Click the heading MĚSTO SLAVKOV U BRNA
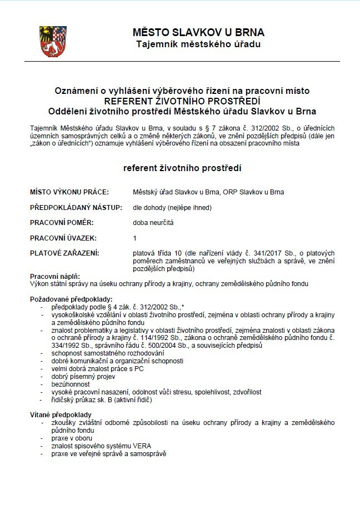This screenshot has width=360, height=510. coord(198,32)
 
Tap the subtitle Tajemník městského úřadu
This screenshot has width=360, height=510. coord(198,43)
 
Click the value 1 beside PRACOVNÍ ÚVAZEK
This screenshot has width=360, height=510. coord(134,238)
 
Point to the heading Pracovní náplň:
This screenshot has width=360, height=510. coord(55,276)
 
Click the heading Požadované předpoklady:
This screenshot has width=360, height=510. coord(71,299)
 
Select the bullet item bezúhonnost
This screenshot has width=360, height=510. coord(69,384)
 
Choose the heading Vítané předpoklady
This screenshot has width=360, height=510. coord(61,414)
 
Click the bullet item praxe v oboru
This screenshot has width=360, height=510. coord(68,438)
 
